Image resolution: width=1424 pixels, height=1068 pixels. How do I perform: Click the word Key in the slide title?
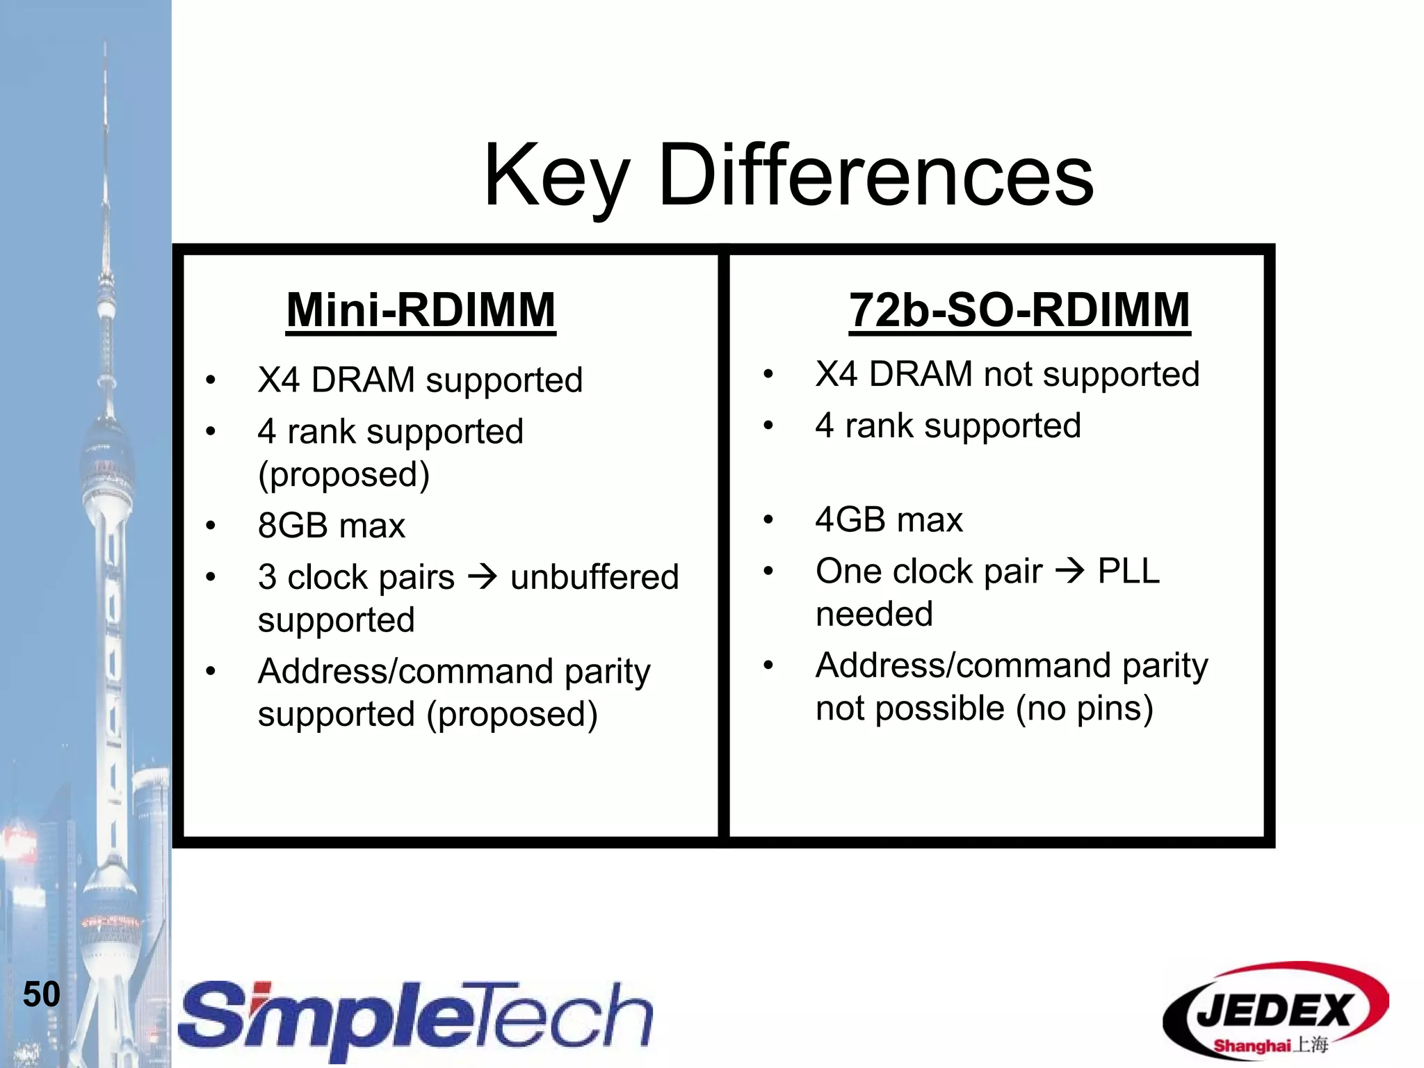(x=556, y=177)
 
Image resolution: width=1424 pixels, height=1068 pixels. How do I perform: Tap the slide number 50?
(x=42, y=994)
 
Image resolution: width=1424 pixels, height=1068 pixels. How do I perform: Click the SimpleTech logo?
(x=415, y=1019)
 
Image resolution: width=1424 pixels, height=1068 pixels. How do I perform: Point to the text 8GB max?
(x=331, y=526)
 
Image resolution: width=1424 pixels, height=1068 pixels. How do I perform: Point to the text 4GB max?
(x=889, y=520)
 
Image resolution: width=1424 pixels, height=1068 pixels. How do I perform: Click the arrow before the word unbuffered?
(x=483, y=576)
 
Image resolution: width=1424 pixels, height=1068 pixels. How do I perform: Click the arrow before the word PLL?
(x=1069, y=571)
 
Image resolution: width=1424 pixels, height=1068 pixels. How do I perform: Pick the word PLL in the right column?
(x=1128, y=571)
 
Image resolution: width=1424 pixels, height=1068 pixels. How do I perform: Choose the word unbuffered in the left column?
(x=594, y=577)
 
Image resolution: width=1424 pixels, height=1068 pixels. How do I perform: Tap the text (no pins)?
(x=1084, y=709)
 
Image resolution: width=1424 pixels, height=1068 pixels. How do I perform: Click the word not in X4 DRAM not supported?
(x=1008, y=374)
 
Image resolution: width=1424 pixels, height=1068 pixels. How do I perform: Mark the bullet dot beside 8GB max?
(x=211, y=526)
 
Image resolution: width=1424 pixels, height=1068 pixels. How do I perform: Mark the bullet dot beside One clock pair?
(x=768, y=572)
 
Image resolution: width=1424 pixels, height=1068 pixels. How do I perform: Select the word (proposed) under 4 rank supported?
(x=343, y=475)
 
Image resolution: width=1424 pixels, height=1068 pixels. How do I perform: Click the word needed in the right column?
(x=874, y=615)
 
